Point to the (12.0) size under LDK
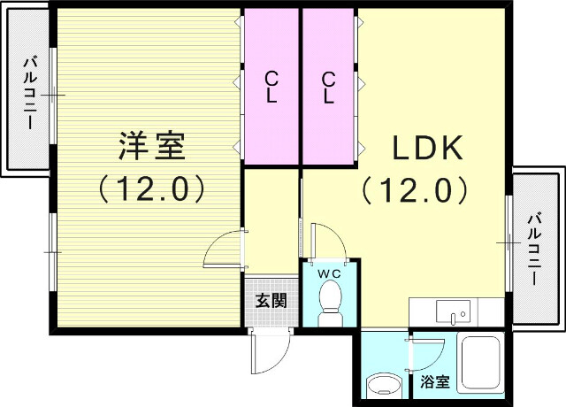click(414, 188)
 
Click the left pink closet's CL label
click(272, 88)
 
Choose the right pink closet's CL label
click(328, 88)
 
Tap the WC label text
click(330, 273)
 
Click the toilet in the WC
click(330, 301)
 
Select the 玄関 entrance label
click(271, 300)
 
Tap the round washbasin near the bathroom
click(384, 385)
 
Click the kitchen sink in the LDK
click(455, 312)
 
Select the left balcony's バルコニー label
click(29, 93)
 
